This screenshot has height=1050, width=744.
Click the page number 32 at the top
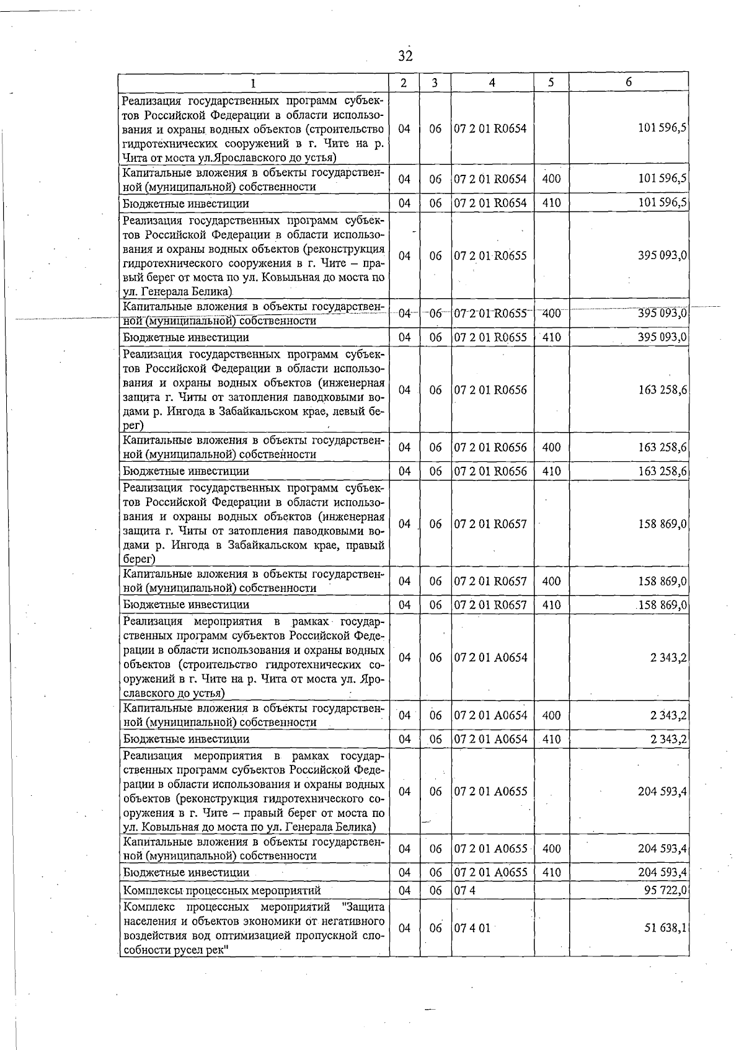coord(405,56)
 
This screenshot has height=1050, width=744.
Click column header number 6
coord(628,82)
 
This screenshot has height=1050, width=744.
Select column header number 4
coord(492,82)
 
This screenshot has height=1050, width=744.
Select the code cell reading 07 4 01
coord(472,928)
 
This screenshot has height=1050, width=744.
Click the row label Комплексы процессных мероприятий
coord(222,890)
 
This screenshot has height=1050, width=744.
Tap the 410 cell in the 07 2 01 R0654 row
coord(551,203)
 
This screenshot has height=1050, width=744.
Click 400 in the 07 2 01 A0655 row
coord(551,849)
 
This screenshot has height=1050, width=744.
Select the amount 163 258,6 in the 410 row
coord(662,471)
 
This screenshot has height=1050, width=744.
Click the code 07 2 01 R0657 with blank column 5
coord(490,524)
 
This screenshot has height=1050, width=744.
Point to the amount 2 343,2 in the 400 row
coord(668,715)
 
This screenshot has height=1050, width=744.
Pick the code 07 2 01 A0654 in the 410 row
coord(490,739)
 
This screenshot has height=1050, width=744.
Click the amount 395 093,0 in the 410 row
coord(662,337)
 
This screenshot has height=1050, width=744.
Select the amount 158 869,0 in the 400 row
coord(662,581)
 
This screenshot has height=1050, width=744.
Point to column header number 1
coord(254,82)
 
